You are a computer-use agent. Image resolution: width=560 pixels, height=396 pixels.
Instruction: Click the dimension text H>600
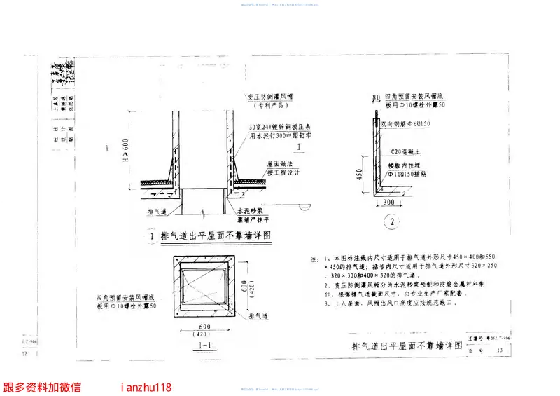[125, 149]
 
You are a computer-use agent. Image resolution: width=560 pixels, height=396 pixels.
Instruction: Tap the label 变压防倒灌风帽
[267, 98]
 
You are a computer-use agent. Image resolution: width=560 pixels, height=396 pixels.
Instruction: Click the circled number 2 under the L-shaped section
[392, 223]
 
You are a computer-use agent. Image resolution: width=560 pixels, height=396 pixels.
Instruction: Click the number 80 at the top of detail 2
[376, 96]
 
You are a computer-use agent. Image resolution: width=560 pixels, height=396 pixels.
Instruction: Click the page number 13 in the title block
[499, 350]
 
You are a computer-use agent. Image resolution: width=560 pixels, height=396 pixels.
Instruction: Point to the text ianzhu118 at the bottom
[146, 387]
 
